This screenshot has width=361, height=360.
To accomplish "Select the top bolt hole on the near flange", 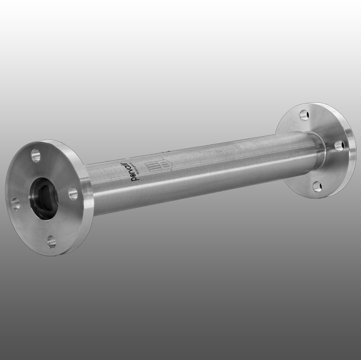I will click(x=35, y=154).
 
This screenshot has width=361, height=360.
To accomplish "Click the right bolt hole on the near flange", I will click(x=73, y=193).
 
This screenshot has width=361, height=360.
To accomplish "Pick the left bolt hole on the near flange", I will click(x=16, y=203).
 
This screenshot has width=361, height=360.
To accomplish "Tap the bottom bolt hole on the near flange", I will click(x=52, y=241).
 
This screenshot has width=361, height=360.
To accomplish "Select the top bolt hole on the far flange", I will click(x=304, y=115).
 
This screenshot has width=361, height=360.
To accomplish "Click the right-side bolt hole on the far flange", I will click(x=339, y=146).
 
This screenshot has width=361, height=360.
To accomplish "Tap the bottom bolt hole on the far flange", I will click(x=317, y=186).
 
